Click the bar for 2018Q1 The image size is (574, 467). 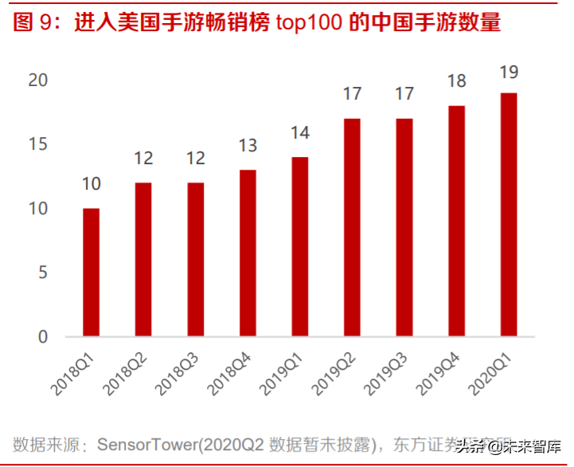click(91, 272)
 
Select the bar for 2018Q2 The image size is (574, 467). click(143, 259)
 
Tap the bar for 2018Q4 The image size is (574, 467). click(248, 253)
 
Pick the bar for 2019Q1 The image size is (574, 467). click(299, 246)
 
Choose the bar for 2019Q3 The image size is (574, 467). click(404, 227)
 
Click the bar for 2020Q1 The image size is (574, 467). click(509, 214)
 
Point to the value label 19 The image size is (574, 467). click(509, 73)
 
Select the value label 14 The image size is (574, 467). click(299, 133)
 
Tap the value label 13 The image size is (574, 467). click(248, 146)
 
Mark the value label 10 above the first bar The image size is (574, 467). click(91, 184)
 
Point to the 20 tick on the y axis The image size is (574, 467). click(37, 80)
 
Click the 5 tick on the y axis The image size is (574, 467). click(43, 273)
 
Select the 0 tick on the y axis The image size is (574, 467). click(43, 336)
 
